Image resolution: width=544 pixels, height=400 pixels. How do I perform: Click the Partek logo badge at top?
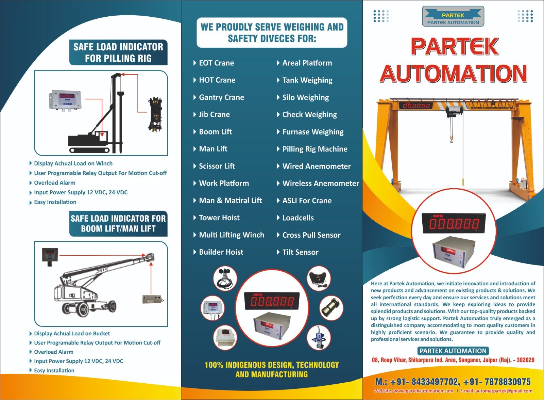coord(453,16)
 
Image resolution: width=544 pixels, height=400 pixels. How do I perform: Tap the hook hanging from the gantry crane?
coord(452,140)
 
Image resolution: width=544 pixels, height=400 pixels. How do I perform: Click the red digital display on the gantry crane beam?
coord(416,106)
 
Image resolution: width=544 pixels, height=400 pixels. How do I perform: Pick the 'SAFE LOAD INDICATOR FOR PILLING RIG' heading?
coord(118,52)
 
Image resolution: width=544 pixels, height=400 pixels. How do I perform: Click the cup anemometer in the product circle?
coord(225,278)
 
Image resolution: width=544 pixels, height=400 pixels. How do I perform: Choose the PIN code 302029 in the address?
coord(526,360)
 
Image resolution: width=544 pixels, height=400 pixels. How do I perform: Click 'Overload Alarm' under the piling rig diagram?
coord(55,183)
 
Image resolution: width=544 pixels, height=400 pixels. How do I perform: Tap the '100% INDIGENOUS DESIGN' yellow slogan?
coord(272,369)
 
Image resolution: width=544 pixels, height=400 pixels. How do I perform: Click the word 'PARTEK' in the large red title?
coord(454,47)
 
